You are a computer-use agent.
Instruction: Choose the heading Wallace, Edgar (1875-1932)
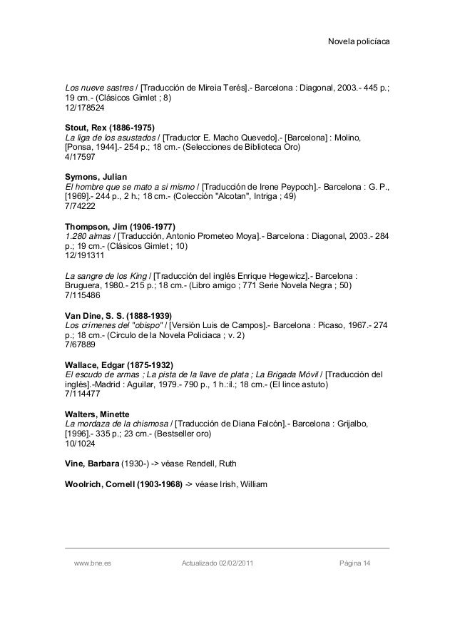click(x=119, y=364)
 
